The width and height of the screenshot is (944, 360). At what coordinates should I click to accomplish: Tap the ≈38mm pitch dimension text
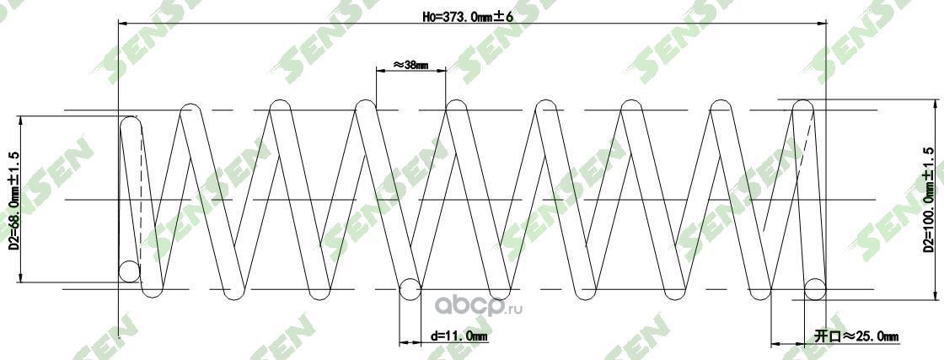click(x=410, y=64)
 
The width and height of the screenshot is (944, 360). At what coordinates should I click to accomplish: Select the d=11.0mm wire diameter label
click(x=459, y=336)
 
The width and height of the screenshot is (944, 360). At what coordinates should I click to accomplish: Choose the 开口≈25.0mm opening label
click(x=855, y=336)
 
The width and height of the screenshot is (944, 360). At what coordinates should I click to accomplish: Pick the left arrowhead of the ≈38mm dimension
click(x=379, y=72)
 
